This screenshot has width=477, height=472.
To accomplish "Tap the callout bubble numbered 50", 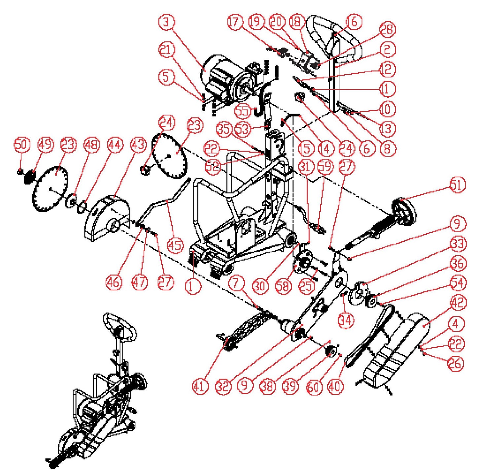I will (22, 145).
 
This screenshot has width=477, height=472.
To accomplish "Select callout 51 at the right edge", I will (457, 185).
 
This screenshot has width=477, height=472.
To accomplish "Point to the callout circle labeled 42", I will (458, 303).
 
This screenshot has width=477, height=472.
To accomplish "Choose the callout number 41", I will (200, 386).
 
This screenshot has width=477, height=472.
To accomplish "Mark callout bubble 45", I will (175, 245).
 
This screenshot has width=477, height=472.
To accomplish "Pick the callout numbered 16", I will (354, 22).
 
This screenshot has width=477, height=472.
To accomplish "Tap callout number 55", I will (243, 111).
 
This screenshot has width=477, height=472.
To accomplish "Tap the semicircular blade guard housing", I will (106, 218).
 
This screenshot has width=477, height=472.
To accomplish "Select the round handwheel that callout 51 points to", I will (404, 211).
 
